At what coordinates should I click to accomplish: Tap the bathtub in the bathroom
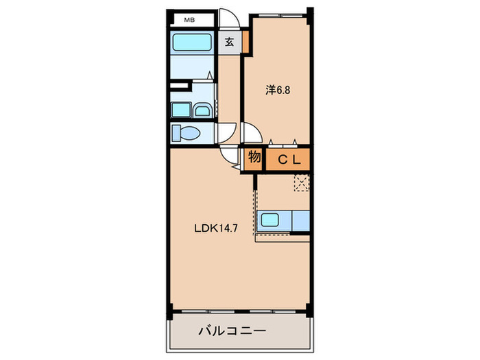(193, 42)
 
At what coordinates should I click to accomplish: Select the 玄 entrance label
(230, 42)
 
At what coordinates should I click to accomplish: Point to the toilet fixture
(187, 132)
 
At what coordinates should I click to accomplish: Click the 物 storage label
(254, 158)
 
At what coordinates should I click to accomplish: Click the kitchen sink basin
(271, 220)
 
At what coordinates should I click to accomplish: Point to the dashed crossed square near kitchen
(302, 182)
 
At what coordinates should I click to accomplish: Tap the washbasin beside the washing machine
(202, 110)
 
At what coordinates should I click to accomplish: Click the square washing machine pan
(180, 109)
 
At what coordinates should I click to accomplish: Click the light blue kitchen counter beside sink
(301, 220)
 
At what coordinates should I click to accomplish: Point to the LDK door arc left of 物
(228, 155)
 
